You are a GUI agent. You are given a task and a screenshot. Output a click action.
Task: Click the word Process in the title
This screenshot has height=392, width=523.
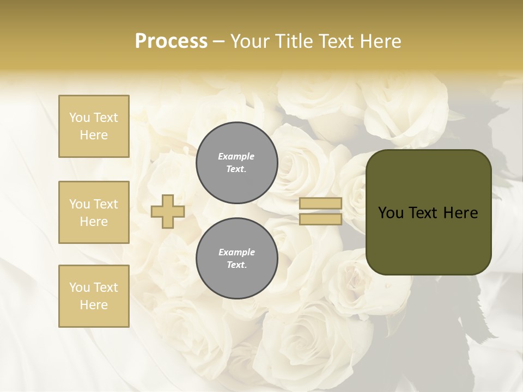(171, 41)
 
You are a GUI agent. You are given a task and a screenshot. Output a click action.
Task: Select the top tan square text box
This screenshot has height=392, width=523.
(94, 126)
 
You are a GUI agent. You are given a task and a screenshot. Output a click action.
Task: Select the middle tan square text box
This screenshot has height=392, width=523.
(94, 212)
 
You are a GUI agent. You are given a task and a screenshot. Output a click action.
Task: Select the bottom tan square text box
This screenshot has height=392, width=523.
(94, 296)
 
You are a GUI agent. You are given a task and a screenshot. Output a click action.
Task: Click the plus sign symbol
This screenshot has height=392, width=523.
(168, 211)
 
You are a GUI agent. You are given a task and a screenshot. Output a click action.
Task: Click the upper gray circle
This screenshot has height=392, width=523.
(237, 163)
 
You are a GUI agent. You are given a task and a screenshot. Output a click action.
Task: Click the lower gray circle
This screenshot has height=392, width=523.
(237, 259)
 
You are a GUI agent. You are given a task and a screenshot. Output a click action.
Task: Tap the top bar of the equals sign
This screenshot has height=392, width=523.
(321, 203)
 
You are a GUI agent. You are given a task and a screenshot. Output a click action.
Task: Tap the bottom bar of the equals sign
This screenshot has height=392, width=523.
(321, 219)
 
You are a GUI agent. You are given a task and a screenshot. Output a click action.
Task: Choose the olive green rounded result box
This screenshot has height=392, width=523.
(428, 212)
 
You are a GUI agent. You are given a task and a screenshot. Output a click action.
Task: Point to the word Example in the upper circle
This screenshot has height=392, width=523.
(236, 156)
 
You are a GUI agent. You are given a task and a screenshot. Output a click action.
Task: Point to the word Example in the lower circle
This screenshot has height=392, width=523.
(236, 252)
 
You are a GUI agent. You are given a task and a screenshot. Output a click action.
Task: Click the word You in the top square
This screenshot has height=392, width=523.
(79, 118)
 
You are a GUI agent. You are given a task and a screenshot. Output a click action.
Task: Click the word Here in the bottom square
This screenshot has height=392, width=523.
(94, 305)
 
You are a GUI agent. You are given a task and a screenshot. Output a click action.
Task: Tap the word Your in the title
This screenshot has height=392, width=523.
(250, 41)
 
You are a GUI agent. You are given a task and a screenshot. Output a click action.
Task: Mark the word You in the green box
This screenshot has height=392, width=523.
(391, 213)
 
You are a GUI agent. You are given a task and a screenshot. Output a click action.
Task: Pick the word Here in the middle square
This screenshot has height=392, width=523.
(94, 222)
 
